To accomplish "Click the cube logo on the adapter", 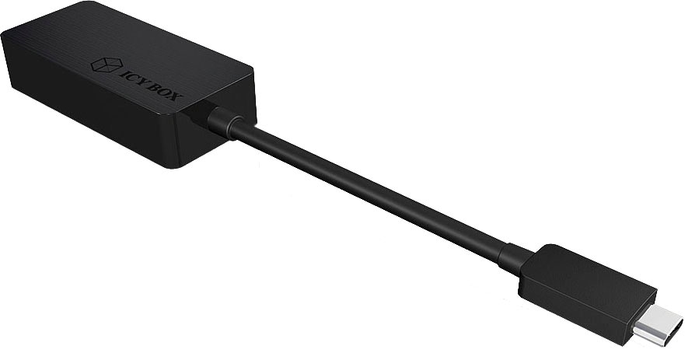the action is pos(107,65).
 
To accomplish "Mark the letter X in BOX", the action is pos(176,97).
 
